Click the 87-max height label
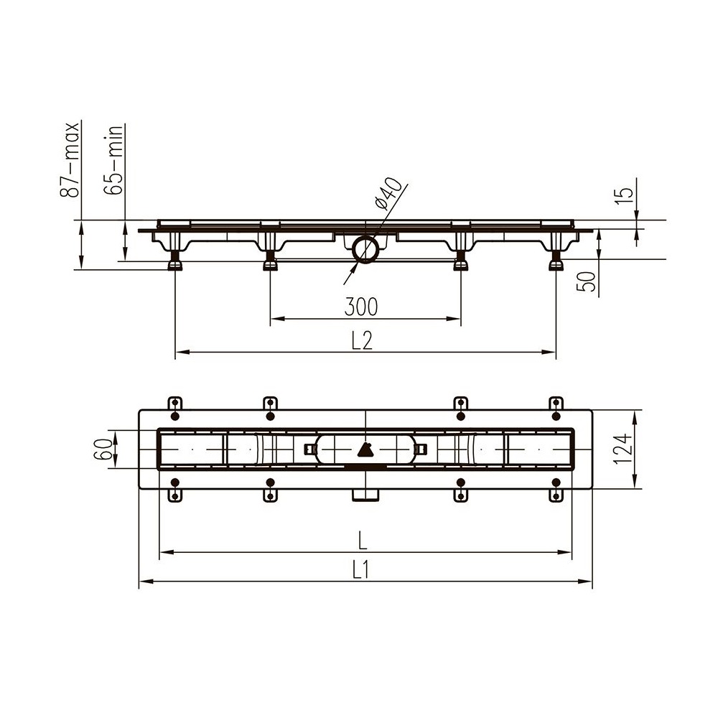tap(70, 159)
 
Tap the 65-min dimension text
tap(113, 159)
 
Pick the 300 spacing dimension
tap(361, 307)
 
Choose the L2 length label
tap(362, 340)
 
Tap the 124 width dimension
tap(623, 449)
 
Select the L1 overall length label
tap(361, 571)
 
